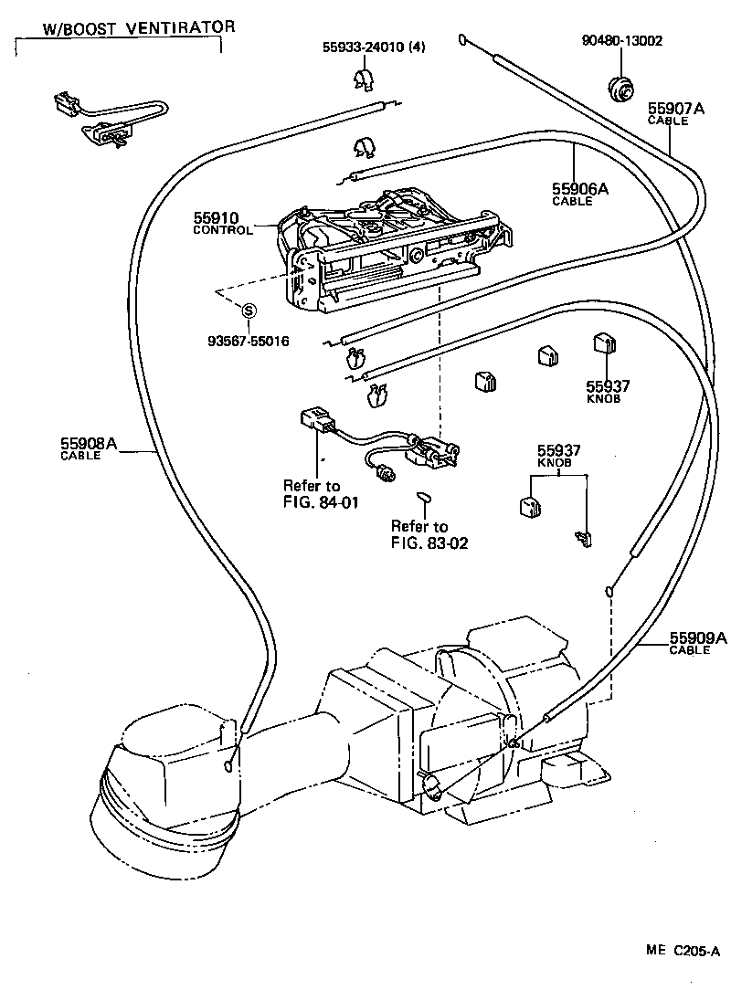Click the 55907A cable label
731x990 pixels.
[676, 113]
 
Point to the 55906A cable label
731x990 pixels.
[579, 194]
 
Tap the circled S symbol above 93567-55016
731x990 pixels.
[247, 311]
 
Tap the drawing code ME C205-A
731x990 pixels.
[683, 950]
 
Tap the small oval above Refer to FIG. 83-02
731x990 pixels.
[422, 497]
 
